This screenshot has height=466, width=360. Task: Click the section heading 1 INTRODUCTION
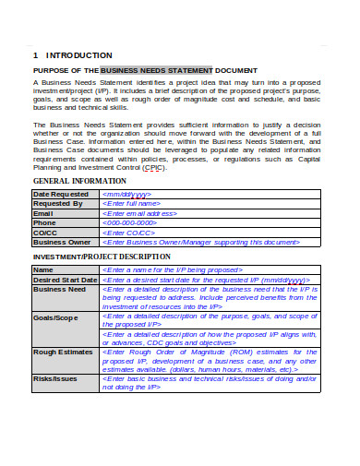click(72, 55)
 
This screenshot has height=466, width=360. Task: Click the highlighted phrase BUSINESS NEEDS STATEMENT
click(156, 70)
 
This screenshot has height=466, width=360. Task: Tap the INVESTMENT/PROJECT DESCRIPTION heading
click(102, 256)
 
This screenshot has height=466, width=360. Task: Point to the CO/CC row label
click(47, 233)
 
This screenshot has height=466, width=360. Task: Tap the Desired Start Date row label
click(65, 280)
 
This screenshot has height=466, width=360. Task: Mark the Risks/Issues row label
click(55, 378)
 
